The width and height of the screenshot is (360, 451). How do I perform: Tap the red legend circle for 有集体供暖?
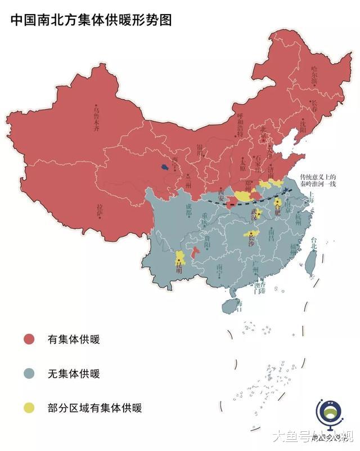point(29,339)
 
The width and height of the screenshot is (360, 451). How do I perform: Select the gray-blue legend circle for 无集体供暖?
point(29,373)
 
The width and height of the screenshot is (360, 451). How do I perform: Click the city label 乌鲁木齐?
point(99,118)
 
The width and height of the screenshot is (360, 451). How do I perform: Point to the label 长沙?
point(252,240)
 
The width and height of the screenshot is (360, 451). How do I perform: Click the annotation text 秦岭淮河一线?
point(318,184)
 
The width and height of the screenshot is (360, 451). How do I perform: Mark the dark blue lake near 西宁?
point(164,167)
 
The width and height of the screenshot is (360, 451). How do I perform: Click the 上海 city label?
point(308,196)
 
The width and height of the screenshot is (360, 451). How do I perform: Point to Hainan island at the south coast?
point(231,306)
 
